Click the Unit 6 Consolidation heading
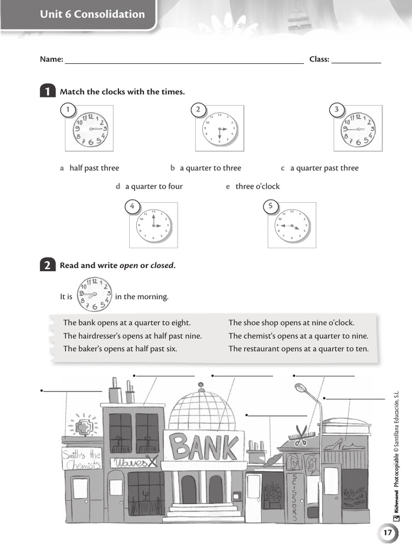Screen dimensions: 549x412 92,14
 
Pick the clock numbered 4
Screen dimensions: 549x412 153,225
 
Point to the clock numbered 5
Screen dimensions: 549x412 292,225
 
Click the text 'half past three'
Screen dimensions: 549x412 94,168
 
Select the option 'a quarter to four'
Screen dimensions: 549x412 153,187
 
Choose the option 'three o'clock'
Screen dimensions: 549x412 257,187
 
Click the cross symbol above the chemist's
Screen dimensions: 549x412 84,427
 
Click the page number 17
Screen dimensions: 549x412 388,533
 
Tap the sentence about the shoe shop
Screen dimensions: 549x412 291,323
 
